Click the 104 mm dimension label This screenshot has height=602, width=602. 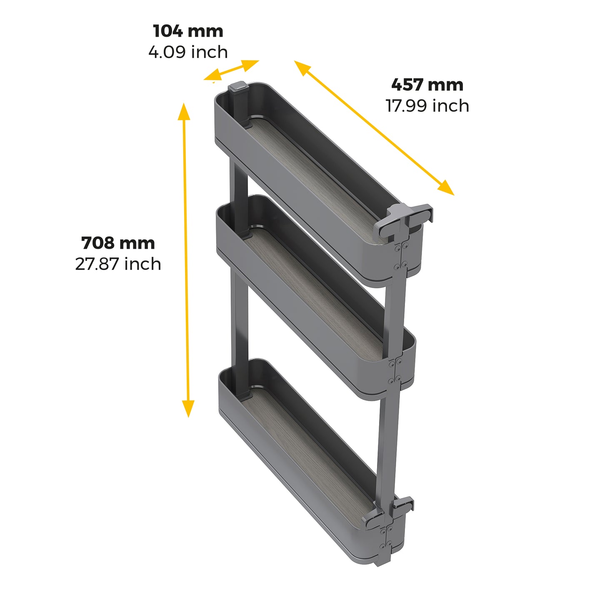point(188,31)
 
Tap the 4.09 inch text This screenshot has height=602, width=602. point(188,52)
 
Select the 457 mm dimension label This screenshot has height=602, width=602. point(427,85)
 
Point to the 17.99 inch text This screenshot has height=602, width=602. point(427,106)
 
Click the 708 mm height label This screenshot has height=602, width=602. point(118,243)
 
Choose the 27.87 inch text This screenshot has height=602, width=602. point(118,264)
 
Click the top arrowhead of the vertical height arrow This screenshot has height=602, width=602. point(184,110)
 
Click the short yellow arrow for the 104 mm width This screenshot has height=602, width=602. point(231,70)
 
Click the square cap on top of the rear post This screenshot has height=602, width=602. point(238,87)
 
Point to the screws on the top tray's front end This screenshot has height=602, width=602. point(400,256)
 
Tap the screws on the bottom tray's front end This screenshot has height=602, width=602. point(385,537)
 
